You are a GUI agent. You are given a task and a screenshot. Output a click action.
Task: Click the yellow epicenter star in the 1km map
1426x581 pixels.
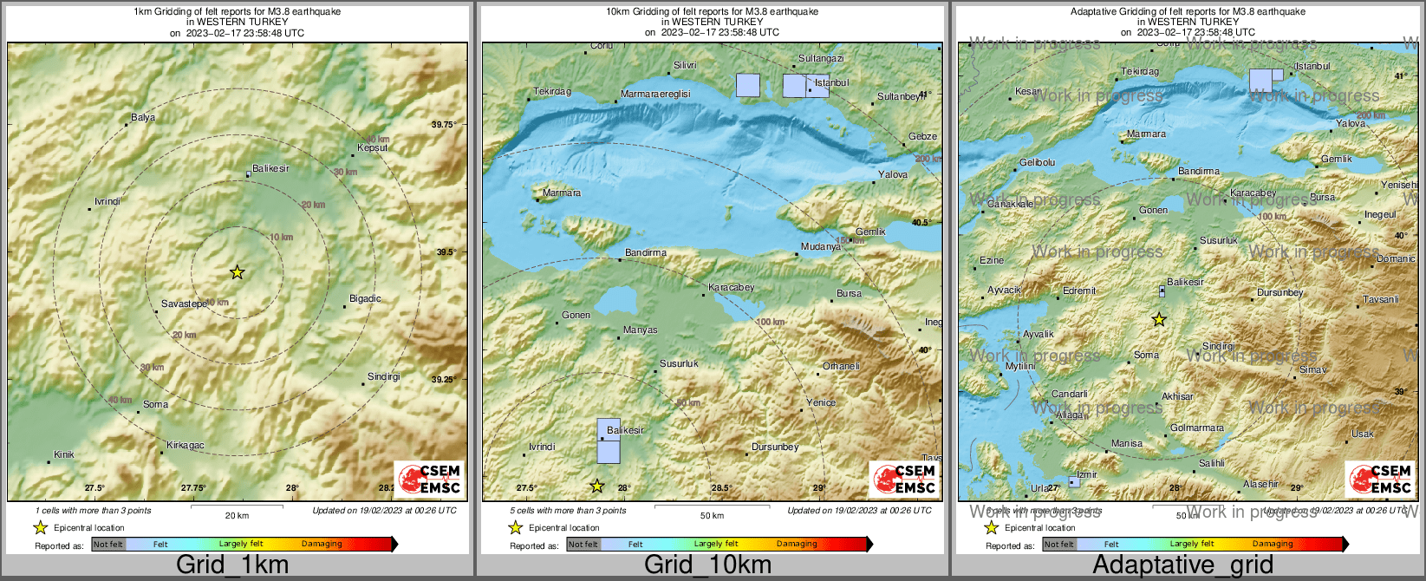[x=237, y=272]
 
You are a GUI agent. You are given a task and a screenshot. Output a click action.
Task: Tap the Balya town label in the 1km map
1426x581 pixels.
[x=143, y=118]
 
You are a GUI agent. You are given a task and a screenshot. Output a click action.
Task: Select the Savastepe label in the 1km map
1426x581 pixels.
[x=184, y=304]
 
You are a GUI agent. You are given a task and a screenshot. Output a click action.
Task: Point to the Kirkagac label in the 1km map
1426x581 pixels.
[x=186, y=445]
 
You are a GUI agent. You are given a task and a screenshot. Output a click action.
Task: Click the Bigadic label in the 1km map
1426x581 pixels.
[x=365, y=298]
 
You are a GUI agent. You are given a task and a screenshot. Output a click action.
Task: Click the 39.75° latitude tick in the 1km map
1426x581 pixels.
[x=444, y=125]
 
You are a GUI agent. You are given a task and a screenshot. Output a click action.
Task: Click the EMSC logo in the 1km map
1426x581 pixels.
[x=429, y=479]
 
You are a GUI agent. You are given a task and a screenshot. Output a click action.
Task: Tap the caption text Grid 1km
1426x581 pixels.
[x=232, y=565]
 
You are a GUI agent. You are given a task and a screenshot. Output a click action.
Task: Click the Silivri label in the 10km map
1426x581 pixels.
[x=685, y=66]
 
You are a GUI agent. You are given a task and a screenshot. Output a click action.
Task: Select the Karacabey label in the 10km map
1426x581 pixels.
[x=732, y=287]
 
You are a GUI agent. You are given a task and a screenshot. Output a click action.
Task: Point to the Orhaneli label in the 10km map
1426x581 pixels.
[x=841, y=366]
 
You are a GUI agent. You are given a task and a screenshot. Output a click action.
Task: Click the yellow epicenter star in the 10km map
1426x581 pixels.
[x=596, y=486]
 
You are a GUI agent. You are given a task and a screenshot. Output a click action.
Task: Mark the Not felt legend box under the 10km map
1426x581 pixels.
[x=583, y=545]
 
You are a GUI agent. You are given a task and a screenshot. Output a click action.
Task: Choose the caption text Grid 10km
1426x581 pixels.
[x=707, y=565]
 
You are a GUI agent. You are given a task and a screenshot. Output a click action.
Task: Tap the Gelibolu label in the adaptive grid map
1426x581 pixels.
[x=1037, y=163]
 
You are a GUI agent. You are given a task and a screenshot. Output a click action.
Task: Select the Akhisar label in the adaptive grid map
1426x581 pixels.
[x=1177, y=396]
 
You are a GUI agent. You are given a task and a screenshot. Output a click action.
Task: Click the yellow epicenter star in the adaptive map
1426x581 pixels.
[x=1159, y=320]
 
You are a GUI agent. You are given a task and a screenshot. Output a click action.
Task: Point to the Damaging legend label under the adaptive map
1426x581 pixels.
[x=1273, y=544]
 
